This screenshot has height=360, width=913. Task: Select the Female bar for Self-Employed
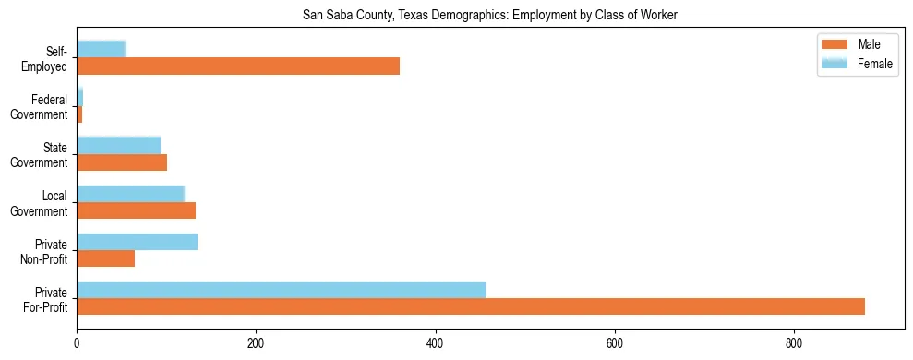(101, 50)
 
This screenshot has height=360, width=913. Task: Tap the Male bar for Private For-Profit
(471, 306)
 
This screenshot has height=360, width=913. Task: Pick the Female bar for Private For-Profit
(281, 290)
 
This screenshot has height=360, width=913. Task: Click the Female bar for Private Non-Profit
(137, 242)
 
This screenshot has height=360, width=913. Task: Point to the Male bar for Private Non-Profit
(105, 258)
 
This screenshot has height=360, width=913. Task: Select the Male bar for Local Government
(136, 210)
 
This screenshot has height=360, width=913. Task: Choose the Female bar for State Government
(118, 146)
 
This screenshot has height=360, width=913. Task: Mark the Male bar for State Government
(122, 162)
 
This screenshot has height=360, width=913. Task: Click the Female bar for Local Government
(130, 194)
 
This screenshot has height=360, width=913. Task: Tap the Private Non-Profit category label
(47, 251)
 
